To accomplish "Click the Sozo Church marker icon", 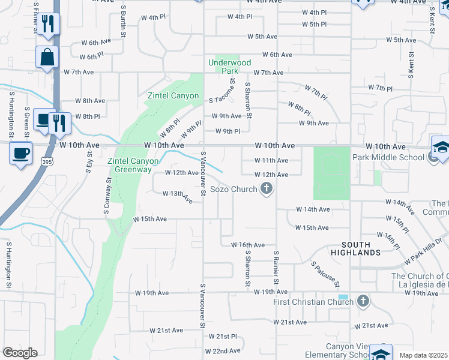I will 267,190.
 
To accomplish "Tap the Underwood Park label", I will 229,67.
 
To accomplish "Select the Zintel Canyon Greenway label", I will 133,165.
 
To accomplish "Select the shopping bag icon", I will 47,58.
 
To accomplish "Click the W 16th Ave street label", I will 248,245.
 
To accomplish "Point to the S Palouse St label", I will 325,274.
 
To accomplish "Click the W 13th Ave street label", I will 178,195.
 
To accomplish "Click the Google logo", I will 19,353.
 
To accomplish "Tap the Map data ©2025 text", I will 424,355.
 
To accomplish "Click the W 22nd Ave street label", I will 223,351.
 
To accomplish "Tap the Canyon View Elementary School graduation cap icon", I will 381,353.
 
